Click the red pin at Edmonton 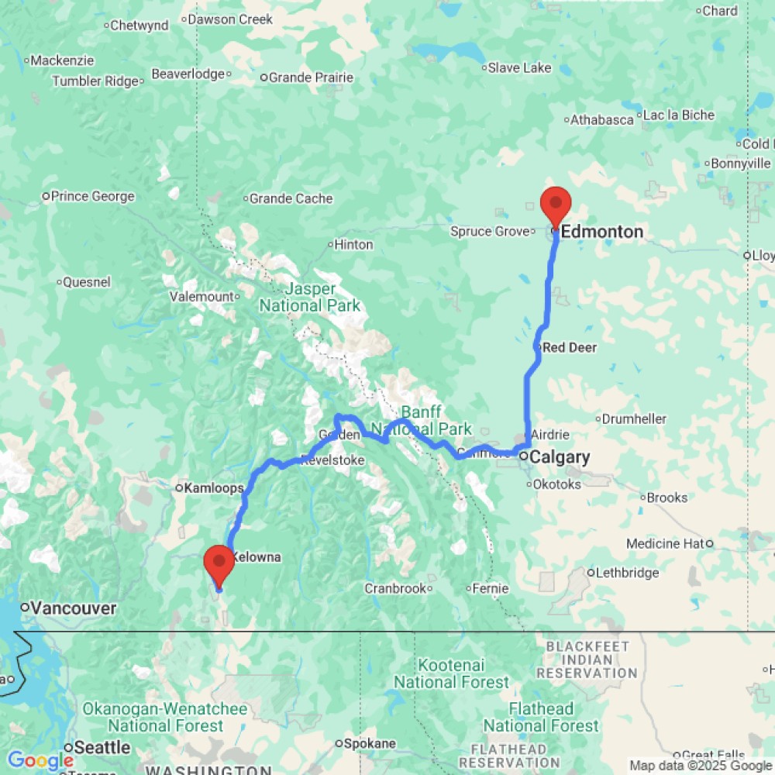(x=555, y=205)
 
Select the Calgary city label (x=560, y=457)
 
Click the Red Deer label (x=570, y=348)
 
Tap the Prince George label (x=92, y=197)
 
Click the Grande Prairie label (x=311, y=77)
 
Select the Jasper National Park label (x=310, y=297)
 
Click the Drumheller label (x=635, y=419)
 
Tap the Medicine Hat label (x=665, y=544)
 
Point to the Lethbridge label (x=627, y=573)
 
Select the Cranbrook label (x=395, y=589)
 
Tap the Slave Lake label (x=519, y=68)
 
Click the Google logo (x=40, y=761)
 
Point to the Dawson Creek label (x=231, y=19)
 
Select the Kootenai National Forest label (x=452, y=673)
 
